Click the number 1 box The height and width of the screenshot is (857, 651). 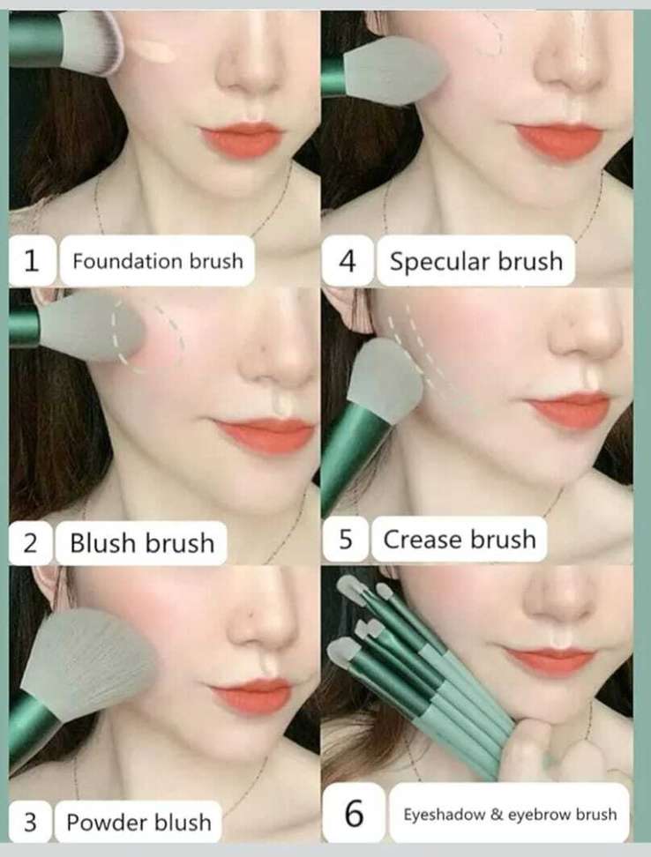(32, 261)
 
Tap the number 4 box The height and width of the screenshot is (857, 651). (347, 261)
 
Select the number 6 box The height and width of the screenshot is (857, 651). (355, 813)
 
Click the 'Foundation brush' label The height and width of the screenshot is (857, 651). (157, 261)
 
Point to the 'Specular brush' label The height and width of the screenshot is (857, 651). (475, 261)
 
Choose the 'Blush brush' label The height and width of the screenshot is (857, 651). (141, 543)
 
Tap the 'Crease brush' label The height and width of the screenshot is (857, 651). (460, 540)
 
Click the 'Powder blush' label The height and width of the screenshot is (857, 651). (138, 822)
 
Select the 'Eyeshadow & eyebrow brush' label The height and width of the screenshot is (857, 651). (510, 814)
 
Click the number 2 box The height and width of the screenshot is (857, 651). (31, 543)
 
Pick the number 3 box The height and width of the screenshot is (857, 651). (31, 822)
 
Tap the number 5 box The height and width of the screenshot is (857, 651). (346, 540)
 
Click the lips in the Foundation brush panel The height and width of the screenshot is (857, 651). (242, 139)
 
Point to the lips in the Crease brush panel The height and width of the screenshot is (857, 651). (568, 411)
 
